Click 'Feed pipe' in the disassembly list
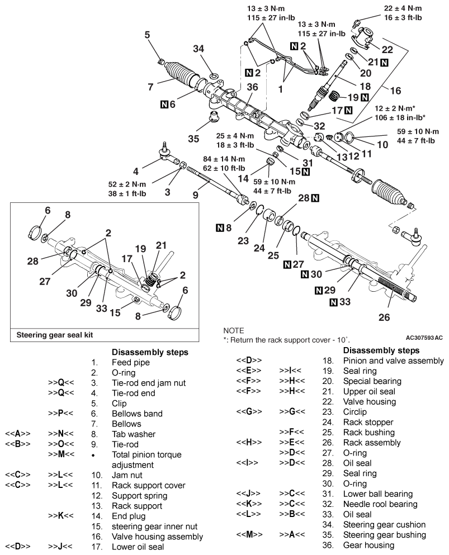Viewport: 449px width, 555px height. tap(130, 362)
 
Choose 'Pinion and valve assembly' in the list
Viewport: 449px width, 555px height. tap(394, 361)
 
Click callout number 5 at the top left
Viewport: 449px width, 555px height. tap(148, 35)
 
